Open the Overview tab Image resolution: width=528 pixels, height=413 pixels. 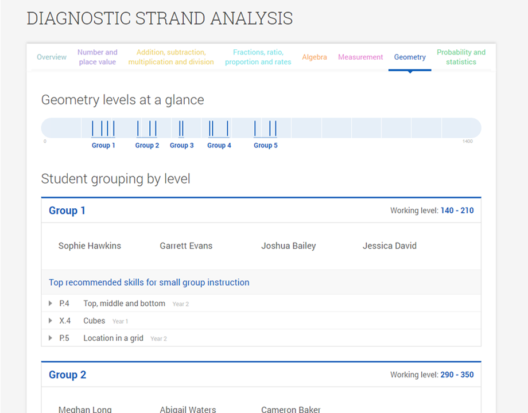[x=52, y=57]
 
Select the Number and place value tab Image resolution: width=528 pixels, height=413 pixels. [x=97, y=57]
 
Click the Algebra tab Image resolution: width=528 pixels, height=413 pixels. [x=315, y=57]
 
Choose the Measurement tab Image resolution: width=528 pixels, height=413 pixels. [x=360, y=57]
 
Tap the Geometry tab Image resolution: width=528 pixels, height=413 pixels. [x=410, y=57]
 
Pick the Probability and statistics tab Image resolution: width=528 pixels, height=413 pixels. [x=461, y=57]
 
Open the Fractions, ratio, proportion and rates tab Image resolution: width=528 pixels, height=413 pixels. [x=258, y=57]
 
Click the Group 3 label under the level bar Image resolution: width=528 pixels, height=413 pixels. [x=182, y=146]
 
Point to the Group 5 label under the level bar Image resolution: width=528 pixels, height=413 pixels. [x=266, y=146]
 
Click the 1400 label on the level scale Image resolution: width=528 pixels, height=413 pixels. [x=468, y=141]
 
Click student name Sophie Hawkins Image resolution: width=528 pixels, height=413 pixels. [x=90, y=246]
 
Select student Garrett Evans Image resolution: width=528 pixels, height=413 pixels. [x=186, y=246]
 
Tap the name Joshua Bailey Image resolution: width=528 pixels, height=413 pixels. [x=288, y=246]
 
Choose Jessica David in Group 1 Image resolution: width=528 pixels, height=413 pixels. [x=390, y=246]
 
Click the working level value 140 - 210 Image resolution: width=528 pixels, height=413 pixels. [x=457, y=211]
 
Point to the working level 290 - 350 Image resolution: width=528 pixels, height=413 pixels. [x=457, y=375]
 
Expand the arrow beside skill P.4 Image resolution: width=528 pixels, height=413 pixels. [x=51, y=303]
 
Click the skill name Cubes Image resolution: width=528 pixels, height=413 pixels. [x=94, y=321]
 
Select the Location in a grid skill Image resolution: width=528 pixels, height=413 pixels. [x=113, y=338]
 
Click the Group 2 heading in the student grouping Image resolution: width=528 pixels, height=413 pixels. [x=67, y=375]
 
